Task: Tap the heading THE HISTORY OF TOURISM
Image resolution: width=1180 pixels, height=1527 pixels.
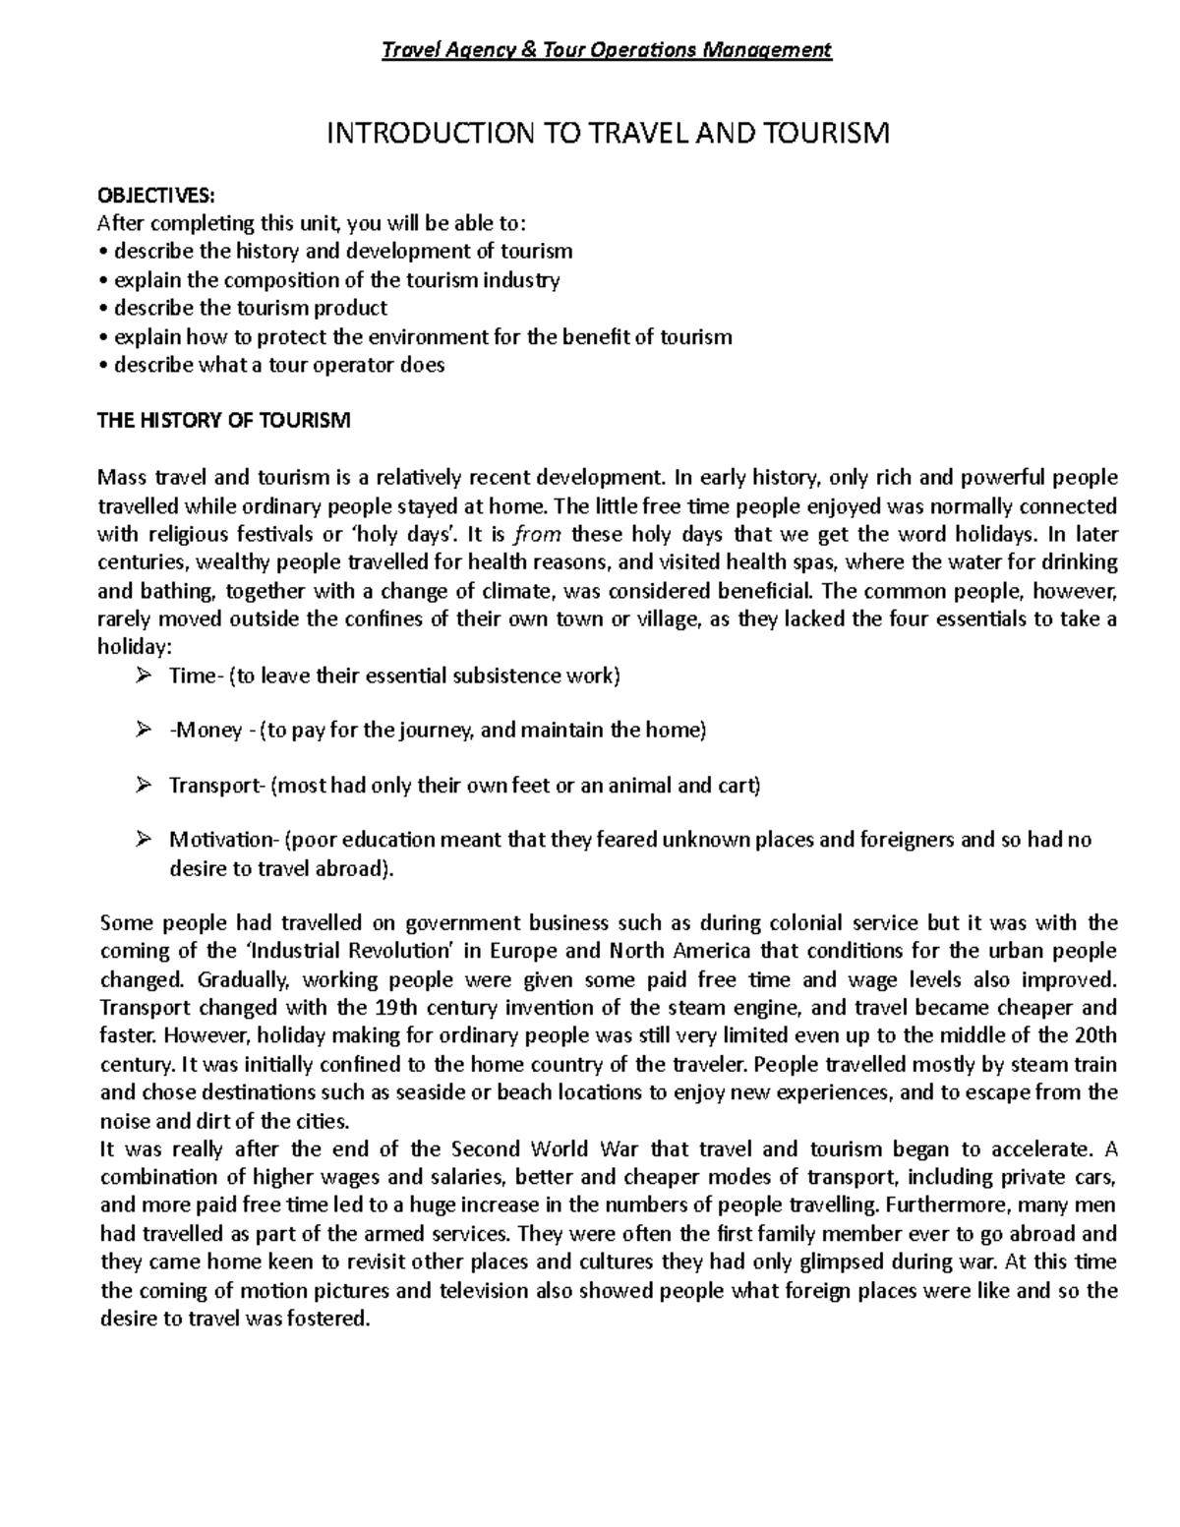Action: point(222,422)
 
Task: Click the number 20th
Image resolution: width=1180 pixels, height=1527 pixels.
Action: point(1094,1035)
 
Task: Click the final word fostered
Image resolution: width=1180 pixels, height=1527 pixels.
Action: point(329,1320)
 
